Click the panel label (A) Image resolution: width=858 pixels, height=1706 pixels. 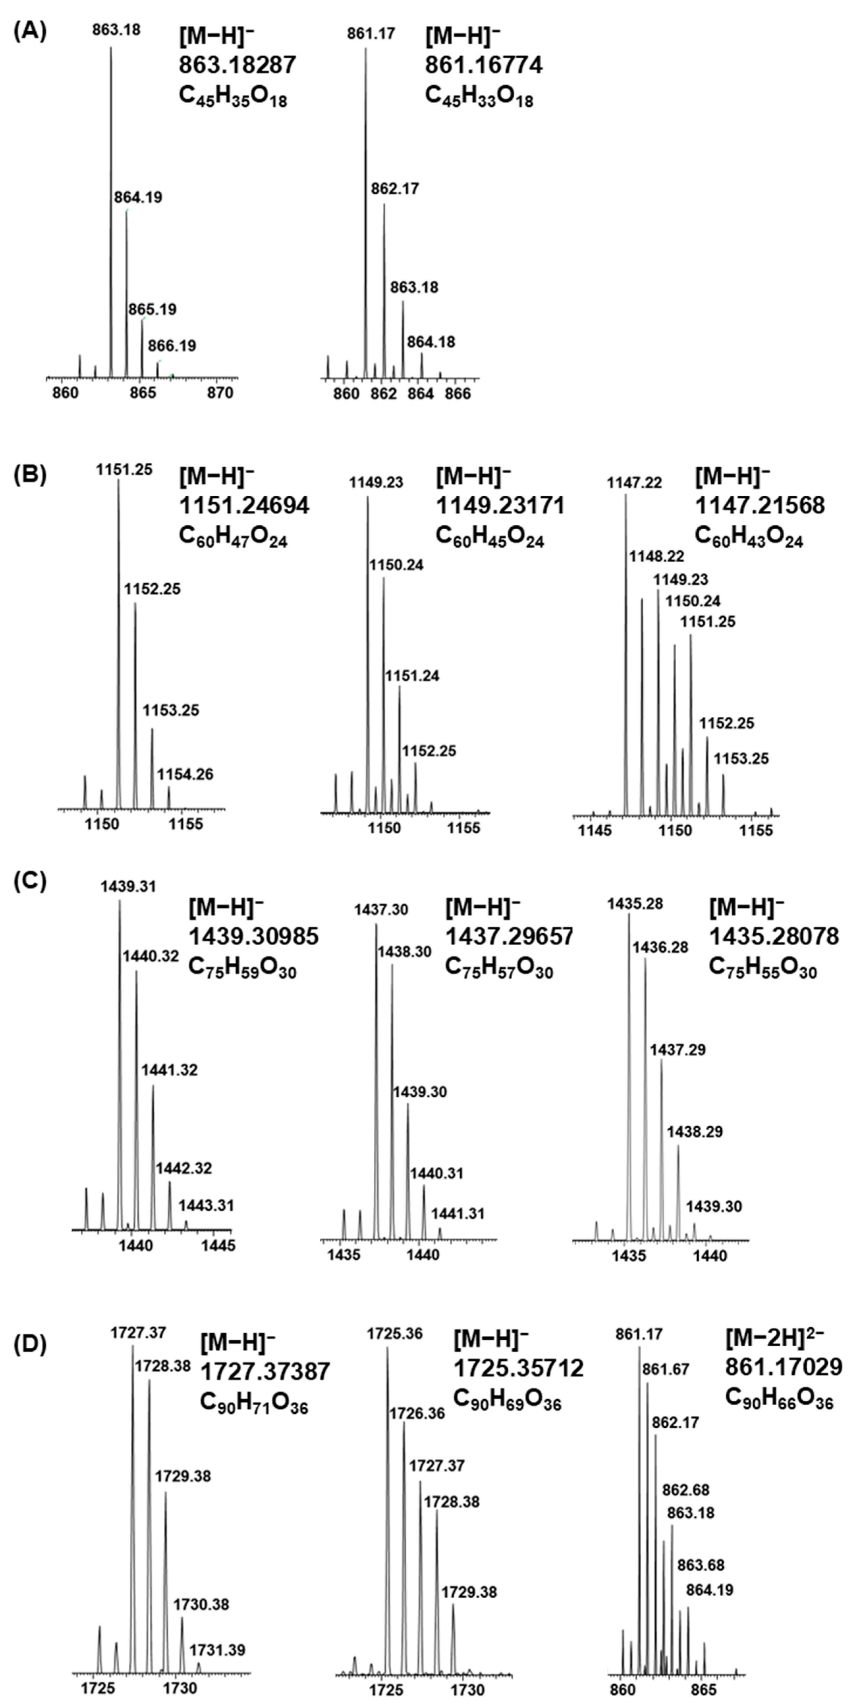coord(30,31)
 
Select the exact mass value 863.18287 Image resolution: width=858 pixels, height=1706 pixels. coord(237,65)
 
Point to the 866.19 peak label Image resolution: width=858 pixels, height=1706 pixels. coord(172,346)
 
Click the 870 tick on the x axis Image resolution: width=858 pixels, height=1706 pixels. coord(221,393)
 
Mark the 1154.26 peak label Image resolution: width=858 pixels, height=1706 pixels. coord(185,774)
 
